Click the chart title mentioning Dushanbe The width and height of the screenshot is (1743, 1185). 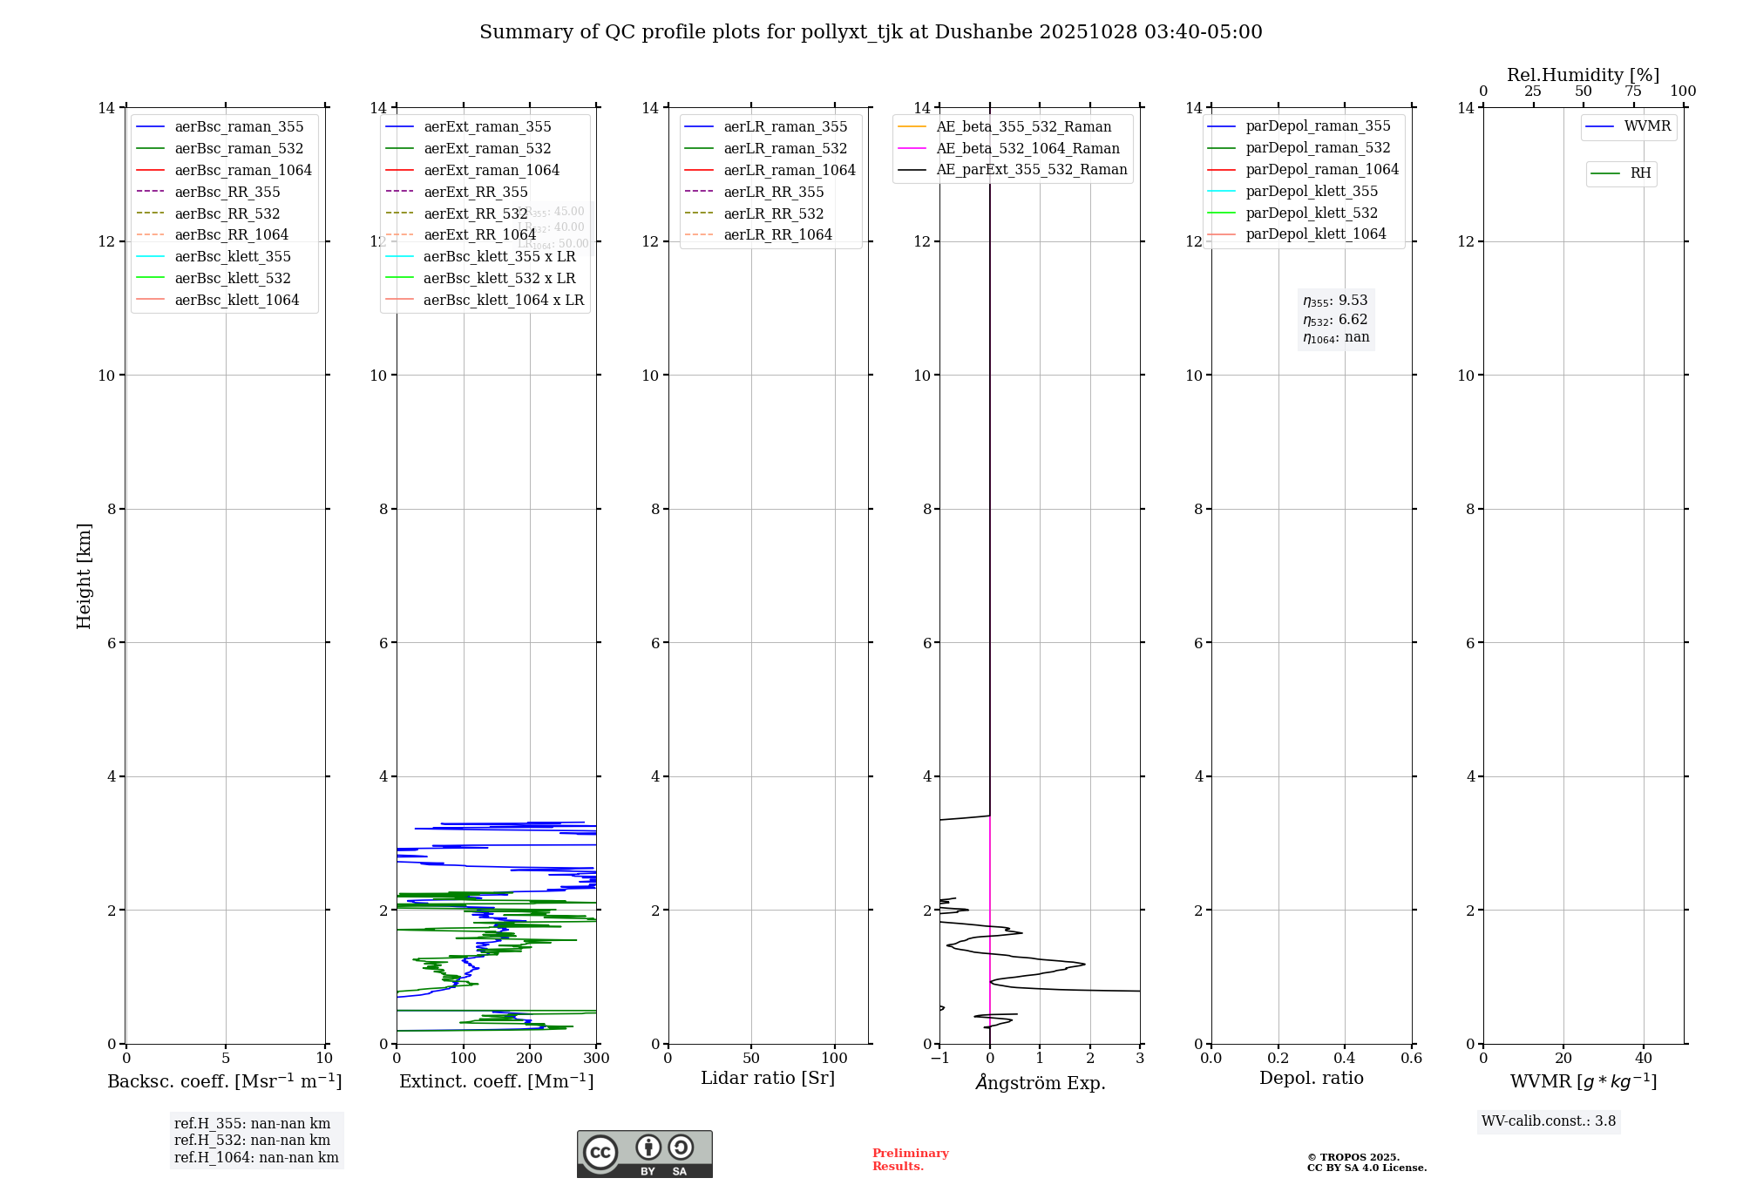871,32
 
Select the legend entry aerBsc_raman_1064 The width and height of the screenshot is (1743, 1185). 242,170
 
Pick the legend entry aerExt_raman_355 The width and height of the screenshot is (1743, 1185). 487,127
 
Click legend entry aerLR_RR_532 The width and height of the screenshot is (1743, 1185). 773,213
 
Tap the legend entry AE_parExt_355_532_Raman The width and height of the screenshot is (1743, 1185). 1031,170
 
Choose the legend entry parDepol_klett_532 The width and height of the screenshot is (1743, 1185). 1312,213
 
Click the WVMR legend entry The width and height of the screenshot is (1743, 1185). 1647,126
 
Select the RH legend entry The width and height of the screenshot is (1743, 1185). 1640,173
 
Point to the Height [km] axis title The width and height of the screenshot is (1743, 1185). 84,575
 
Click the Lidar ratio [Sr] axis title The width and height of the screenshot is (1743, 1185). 768,1078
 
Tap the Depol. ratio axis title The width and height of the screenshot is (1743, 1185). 1312,1078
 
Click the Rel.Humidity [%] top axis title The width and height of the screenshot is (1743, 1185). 1583,75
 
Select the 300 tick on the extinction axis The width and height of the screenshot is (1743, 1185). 596,1059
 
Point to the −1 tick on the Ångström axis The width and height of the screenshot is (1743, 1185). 939,1059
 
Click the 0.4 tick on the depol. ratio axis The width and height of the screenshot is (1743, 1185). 1345,1059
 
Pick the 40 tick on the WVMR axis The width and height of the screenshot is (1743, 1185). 1644,1059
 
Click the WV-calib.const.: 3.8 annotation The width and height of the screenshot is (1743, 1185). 1549,1121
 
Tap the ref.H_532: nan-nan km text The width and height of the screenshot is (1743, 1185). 252,1141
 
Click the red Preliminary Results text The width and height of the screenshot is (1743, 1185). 910,1160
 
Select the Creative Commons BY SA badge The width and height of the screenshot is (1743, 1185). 644,1155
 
